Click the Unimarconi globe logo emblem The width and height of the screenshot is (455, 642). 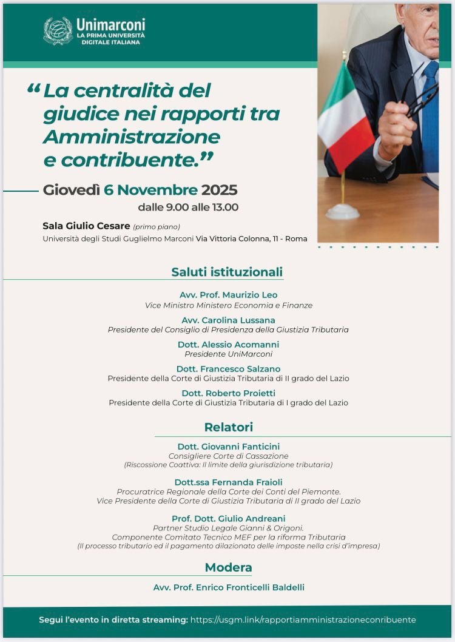(x=58, y=31)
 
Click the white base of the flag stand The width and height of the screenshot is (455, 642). (x=342, y=212)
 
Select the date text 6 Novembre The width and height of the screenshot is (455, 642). (x=150, y=190)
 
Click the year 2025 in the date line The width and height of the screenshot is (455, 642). (x=219, y=190)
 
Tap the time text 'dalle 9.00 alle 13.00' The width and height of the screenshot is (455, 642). (x=188, y=208)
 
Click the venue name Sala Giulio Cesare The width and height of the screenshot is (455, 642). (x=86, y=226)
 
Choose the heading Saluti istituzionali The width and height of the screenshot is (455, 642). (x=227, y=272)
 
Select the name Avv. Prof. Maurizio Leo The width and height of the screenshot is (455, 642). (x=228, y=295)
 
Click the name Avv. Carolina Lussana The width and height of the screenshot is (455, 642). (x=228, y=320)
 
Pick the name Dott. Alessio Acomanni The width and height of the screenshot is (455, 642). (x=228, y=344)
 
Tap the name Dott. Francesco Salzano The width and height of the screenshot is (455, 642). (x=228, y=369)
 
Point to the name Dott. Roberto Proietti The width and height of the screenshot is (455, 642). (x=228, y=393)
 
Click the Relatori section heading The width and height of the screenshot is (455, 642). (x=228, y=427)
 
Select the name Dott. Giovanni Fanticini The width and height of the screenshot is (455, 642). (x=228, y=447)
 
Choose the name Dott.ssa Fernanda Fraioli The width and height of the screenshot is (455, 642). (x=228, y=482)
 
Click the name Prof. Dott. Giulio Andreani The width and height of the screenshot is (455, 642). (x=228, y=519)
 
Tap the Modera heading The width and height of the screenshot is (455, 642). (x=228, y=568)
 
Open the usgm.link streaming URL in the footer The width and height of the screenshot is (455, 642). (x=303, y=620)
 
